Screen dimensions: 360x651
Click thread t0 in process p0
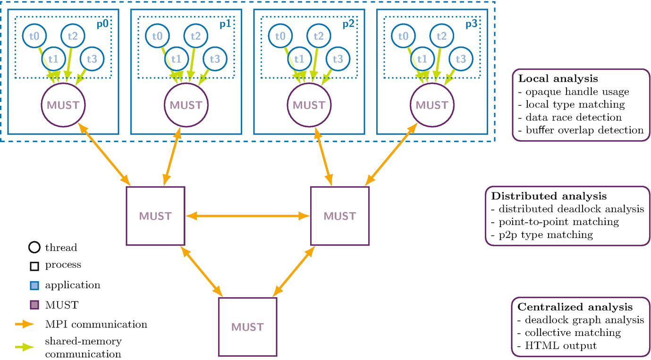tap(35, 36)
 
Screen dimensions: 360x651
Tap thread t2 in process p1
tap(196, 36)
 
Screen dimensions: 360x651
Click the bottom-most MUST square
tap(247, 327)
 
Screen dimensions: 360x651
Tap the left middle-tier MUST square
tap(155, 216)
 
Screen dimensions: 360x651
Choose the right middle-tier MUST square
tap(339, 216)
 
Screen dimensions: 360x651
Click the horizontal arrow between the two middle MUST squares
tap(247, 216)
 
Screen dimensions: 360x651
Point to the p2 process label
tap(348, 25)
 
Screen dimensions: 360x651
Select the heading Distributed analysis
tap(549, 196)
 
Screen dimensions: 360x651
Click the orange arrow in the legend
tap(24, 324)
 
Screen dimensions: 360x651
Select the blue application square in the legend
tap(34, 285)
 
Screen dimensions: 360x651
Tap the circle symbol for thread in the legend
tap(34, 247)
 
